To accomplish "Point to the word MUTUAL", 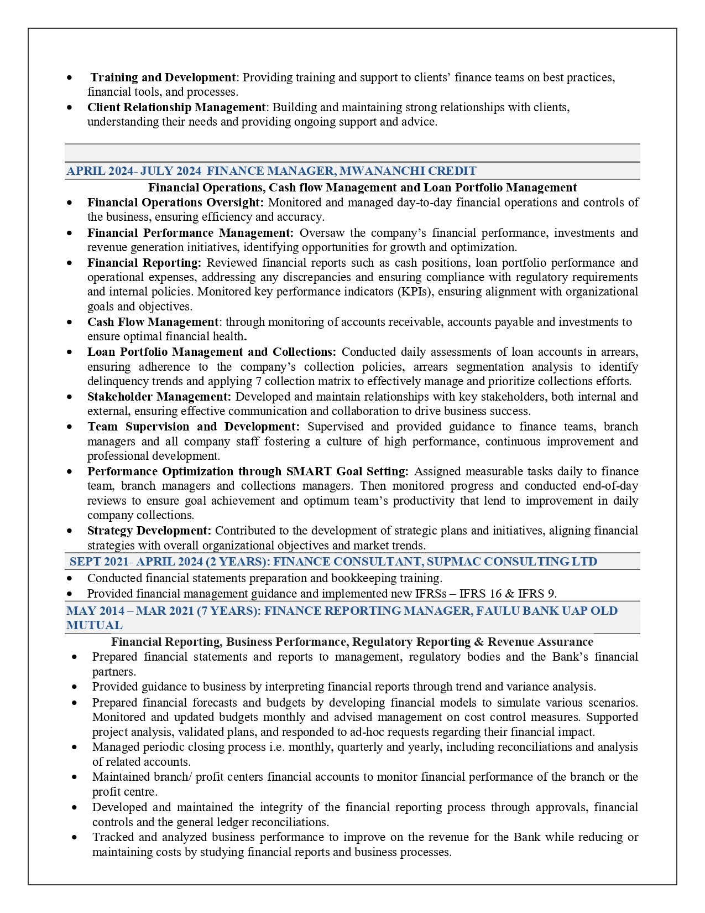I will point(95,625).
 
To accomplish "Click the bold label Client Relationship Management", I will point(176,107).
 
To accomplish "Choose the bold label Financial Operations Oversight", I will point(175,203).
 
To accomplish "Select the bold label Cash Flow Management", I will point(153,322).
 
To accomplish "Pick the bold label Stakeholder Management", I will point(159,397).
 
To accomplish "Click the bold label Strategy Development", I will point(149,531).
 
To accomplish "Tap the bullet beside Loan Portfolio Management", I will point(69,352).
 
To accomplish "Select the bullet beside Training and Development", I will point(69,77).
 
